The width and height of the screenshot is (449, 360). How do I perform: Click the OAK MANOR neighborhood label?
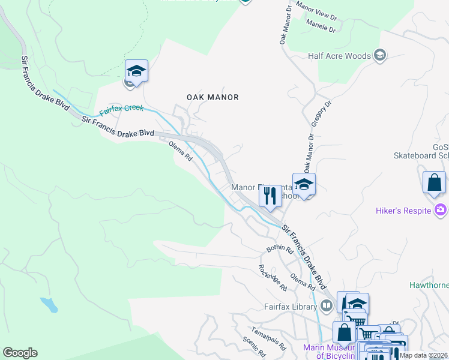click(212, 97)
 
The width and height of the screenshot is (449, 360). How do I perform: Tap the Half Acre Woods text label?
click(339, 56)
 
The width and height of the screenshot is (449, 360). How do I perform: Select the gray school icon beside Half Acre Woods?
click(379, 56)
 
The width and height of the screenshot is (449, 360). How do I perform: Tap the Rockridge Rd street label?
click(273, 278)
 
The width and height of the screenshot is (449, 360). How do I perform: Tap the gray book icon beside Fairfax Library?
click(327, 306)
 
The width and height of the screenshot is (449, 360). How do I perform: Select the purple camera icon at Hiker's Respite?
click(441, 210)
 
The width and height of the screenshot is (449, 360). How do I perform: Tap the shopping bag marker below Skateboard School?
click(434, 182)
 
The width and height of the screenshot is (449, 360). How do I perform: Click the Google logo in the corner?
click(20, 353)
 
